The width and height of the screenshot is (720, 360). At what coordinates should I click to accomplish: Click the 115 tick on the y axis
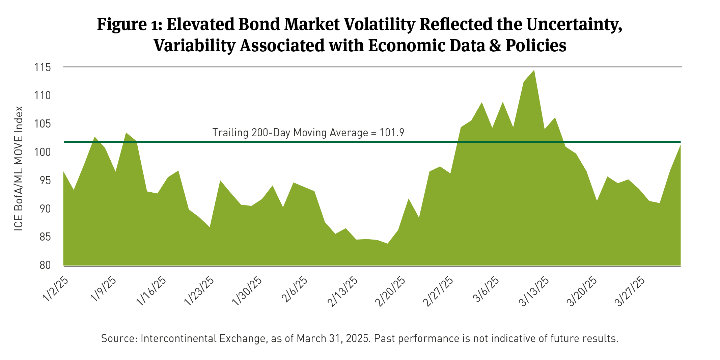[43, 67]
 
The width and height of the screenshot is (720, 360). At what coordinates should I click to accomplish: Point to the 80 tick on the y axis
[43, 265]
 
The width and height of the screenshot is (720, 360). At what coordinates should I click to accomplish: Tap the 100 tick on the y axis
[43, 152]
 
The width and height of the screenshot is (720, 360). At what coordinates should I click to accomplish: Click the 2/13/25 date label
[343, 292]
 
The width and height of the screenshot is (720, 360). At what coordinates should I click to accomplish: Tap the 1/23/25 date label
[200, 292]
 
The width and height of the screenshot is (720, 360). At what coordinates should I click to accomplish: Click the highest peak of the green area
[534, 71]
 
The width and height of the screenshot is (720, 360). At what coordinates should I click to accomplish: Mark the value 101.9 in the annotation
[392, 133]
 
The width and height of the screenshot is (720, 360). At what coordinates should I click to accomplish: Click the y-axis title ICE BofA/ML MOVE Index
[19, 168]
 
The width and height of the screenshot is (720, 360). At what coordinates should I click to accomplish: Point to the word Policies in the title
[536, 46]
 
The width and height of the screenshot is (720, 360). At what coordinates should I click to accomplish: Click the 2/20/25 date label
[391, 292]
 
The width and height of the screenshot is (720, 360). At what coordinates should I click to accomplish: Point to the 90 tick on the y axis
[43, 209]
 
